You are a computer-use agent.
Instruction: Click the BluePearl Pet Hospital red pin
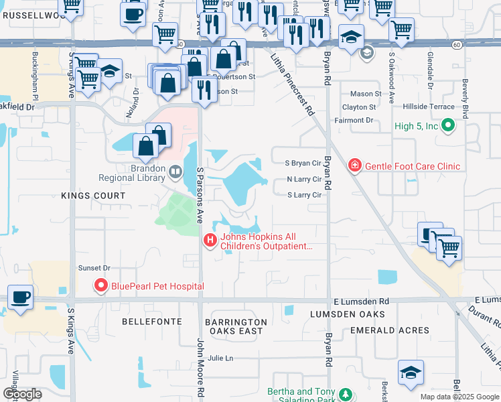[x=102, y=286]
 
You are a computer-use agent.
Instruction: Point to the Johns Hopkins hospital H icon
[x=210, y=240]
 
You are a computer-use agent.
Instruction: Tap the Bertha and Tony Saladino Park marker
[x=345, y=394]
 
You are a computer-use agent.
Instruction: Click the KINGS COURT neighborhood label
[x=93, y=196]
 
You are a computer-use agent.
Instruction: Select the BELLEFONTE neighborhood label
[x=152, y=322]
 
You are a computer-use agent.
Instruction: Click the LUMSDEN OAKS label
[x=348, y=314]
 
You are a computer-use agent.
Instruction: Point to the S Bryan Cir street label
[x=303, y=163]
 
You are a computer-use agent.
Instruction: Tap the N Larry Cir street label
[x=304, y=179]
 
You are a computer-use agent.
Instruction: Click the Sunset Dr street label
[x=94, y=267]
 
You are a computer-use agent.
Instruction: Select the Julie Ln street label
[x=220, y=358]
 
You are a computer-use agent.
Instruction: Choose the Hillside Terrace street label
[x=428, y=107]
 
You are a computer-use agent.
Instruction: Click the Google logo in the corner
[x=22, y=395]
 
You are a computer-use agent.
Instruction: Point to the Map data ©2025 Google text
[x=459, y=397]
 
